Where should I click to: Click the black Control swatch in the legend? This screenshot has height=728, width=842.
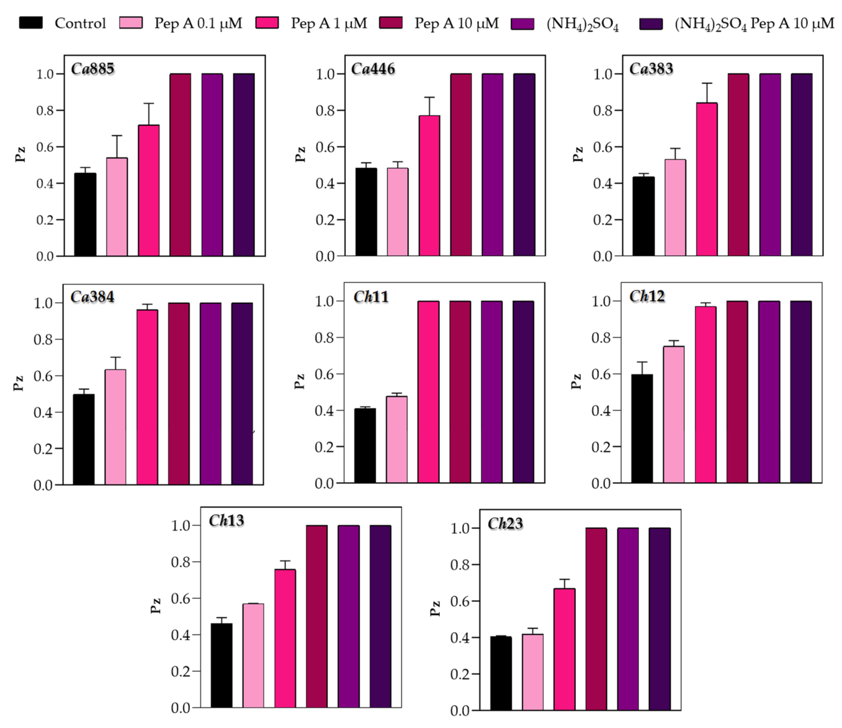[x=31, y=23]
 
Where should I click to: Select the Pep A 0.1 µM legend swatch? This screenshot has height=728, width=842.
[x=131, y=23]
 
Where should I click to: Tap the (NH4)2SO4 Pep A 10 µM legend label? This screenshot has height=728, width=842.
[x=754, y=24]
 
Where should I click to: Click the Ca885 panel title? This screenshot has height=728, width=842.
[x=93, y=69]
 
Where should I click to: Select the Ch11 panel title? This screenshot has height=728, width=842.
[x=371, y=297]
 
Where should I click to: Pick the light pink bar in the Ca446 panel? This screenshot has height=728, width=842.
[x=398, y=212]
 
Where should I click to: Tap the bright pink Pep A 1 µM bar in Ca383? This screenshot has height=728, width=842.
[x=707, y=179]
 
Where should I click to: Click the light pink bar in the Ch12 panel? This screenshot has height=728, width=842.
[x=674, y=414]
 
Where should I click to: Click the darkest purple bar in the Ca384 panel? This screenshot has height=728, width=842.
[x=242, y=394]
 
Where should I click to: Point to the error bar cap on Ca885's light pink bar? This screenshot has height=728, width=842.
[x=117, y=136]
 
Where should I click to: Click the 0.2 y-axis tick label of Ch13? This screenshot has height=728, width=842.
[x=180, y=671]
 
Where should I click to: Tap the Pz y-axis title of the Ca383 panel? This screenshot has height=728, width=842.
[x=578, y=155]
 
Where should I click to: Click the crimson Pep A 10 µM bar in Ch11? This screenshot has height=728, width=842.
[x=460, y=392]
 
